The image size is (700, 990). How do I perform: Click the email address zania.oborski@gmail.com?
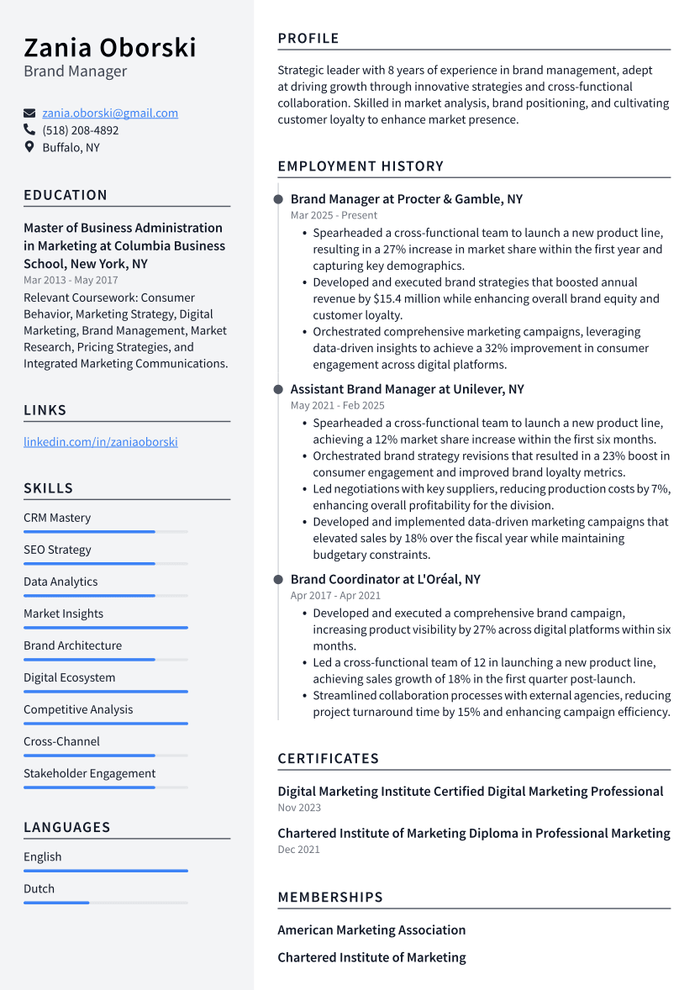110,113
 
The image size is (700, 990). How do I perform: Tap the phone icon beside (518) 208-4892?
29,130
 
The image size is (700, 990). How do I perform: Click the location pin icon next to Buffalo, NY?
29,147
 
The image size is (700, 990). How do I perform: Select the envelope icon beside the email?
29,113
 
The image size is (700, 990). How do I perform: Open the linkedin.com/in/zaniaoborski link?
101,442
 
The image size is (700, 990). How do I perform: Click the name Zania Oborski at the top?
109,46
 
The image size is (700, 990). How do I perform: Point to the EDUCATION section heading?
66,195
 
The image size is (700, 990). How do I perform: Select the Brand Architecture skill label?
72,645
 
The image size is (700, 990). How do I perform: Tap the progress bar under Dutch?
105,902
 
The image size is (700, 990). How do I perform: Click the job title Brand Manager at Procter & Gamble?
406,199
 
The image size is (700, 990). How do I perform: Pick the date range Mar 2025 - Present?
334,215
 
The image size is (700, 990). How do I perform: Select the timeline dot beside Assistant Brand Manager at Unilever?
278,389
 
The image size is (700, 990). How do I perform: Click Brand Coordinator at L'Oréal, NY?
385,579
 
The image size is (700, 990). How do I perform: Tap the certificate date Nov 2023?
299,808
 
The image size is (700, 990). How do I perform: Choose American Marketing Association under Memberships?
371,929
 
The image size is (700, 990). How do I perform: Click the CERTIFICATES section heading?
329,758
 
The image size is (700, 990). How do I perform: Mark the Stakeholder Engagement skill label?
89,773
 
